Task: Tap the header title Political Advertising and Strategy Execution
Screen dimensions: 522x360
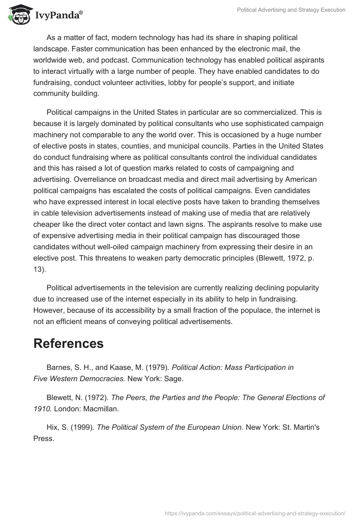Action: point(292,10)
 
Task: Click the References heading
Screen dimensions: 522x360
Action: point(68,343)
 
